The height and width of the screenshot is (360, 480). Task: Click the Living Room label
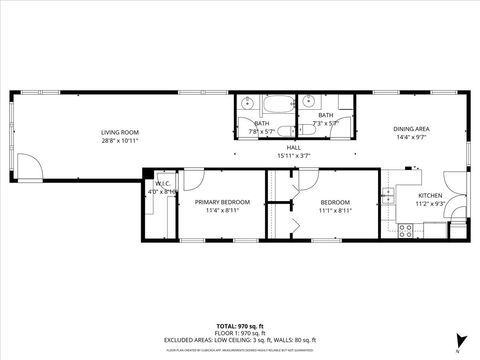click(x=119, y=133)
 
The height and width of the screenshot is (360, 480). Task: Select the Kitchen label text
click(x=430, y=195)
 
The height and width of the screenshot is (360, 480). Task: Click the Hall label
click(x=266, y=148)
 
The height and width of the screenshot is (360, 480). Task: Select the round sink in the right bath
click(x=309, y=101)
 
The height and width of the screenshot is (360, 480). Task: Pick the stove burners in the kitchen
click(x=406, y=230)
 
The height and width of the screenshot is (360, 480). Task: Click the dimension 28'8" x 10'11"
click(x=119, y=141)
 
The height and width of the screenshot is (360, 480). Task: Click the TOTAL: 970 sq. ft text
click(x=240, y=327)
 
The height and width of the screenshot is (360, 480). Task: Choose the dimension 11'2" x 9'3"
click(x=430, y=203)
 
